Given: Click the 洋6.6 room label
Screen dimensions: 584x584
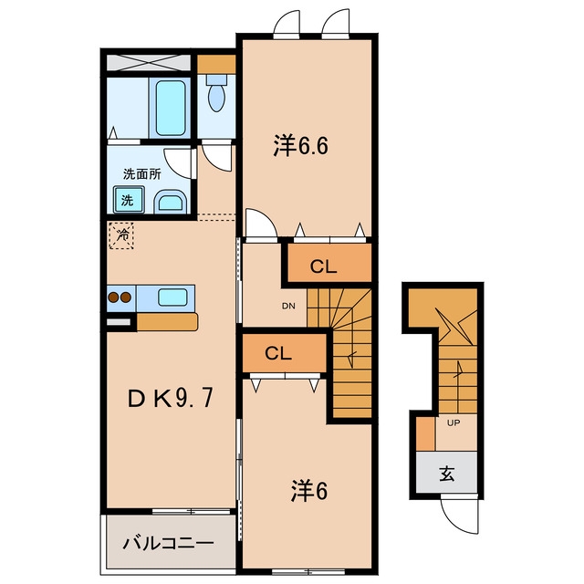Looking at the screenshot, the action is pos(300,145).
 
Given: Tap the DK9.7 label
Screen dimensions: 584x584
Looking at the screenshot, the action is pos(171,398).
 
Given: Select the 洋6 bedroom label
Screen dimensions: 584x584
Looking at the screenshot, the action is pos(308,492).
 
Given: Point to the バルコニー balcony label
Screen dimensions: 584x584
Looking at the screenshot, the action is pos(169,544).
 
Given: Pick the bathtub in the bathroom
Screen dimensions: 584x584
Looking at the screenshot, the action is pos(171,108).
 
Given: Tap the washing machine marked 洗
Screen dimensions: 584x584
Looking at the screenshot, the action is pos(129,200).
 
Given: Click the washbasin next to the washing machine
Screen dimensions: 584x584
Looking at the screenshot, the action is pos(171,203).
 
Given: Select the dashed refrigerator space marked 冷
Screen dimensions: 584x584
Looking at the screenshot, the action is pos(121,235).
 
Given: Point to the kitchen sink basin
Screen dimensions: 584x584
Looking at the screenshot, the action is pos(172,297).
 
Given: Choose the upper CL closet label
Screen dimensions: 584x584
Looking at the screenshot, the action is pos(324,266).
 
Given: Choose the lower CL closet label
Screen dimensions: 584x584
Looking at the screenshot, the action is pos(278,353).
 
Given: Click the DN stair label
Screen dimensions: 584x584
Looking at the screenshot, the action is pos(288,307).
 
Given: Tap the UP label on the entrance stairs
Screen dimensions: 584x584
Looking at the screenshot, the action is pos(454,422).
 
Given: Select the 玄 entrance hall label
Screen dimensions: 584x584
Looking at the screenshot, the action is pos(446,474).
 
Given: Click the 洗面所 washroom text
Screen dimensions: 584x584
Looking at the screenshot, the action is pos(142,174).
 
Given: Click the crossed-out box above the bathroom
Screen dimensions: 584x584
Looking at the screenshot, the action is pos(149,63).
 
